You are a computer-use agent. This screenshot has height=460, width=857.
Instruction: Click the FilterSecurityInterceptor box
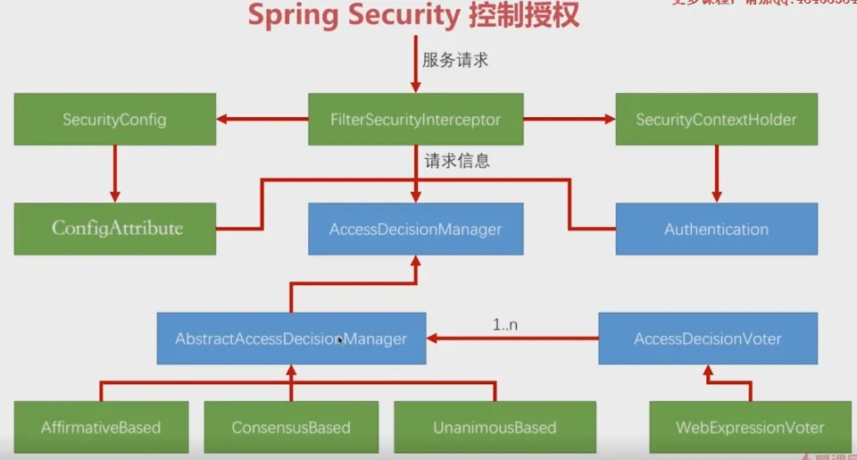coord(415,119)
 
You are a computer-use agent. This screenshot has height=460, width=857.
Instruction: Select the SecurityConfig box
coord(114,119)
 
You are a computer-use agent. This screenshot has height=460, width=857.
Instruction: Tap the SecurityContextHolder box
coord(716,119)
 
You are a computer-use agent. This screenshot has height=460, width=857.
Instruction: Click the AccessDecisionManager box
coord(415,230)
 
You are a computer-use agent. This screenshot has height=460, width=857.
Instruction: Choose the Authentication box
coord(716,230)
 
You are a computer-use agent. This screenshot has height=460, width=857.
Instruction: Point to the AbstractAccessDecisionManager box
coord(291,339)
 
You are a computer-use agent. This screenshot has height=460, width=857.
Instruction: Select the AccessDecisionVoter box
coord(707,339)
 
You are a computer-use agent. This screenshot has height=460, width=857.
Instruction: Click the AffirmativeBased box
coord(102,427)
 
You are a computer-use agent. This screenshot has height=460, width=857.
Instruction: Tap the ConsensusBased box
coord(291,427)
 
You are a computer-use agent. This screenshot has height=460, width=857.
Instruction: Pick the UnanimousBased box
coord(495,427)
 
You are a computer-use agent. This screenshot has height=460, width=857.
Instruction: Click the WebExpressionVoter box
coord(750,427)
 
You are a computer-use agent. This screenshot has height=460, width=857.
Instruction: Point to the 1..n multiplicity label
coord(505,324)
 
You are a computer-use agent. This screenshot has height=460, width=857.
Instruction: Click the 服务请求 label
coord(455,62)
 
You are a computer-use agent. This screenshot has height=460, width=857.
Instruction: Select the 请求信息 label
coord(457,162)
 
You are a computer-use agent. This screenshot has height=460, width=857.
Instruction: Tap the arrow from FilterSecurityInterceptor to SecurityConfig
coord(262,119)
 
